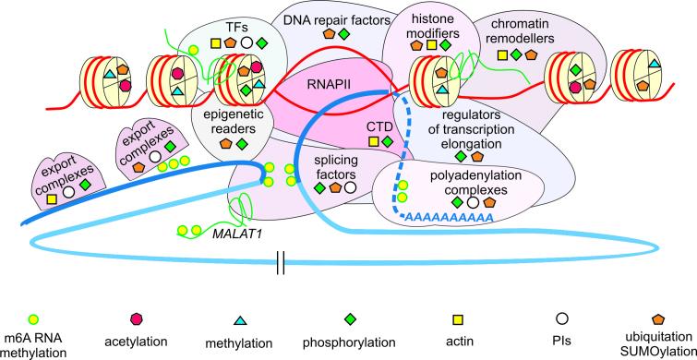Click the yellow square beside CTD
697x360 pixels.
[x=373, y=141]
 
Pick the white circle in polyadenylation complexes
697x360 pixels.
[x=474, y=200]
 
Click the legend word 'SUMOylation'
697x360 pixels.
[x=648, y=352]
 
